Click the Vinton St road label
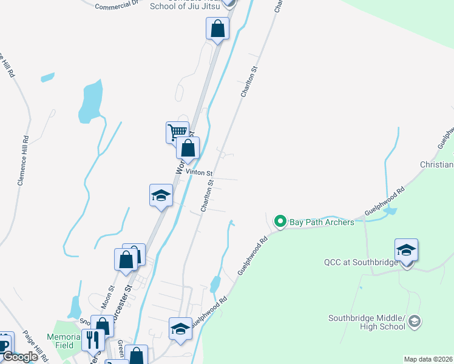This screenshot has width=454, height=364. [x=198, y=172]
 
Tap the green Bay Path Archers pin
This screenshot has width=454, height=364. [x=280, y=222]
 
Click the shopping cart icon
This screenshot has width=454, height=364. [x=177, y=131]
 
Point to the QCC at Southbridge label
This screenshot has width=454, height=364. [x=361, y=263]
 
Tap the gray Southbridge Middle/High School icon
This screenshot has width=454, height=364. [x=415, y=322]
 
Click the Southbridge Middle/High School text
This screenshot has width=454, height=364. [x=367, y=322]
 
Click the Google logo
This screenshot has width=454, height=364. [x=20, y=357]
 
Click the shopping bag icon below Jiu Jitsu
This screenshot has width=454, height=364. [x=217, y=28]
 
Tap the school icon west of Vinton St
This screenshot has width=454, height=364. [x=161, y=195]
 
